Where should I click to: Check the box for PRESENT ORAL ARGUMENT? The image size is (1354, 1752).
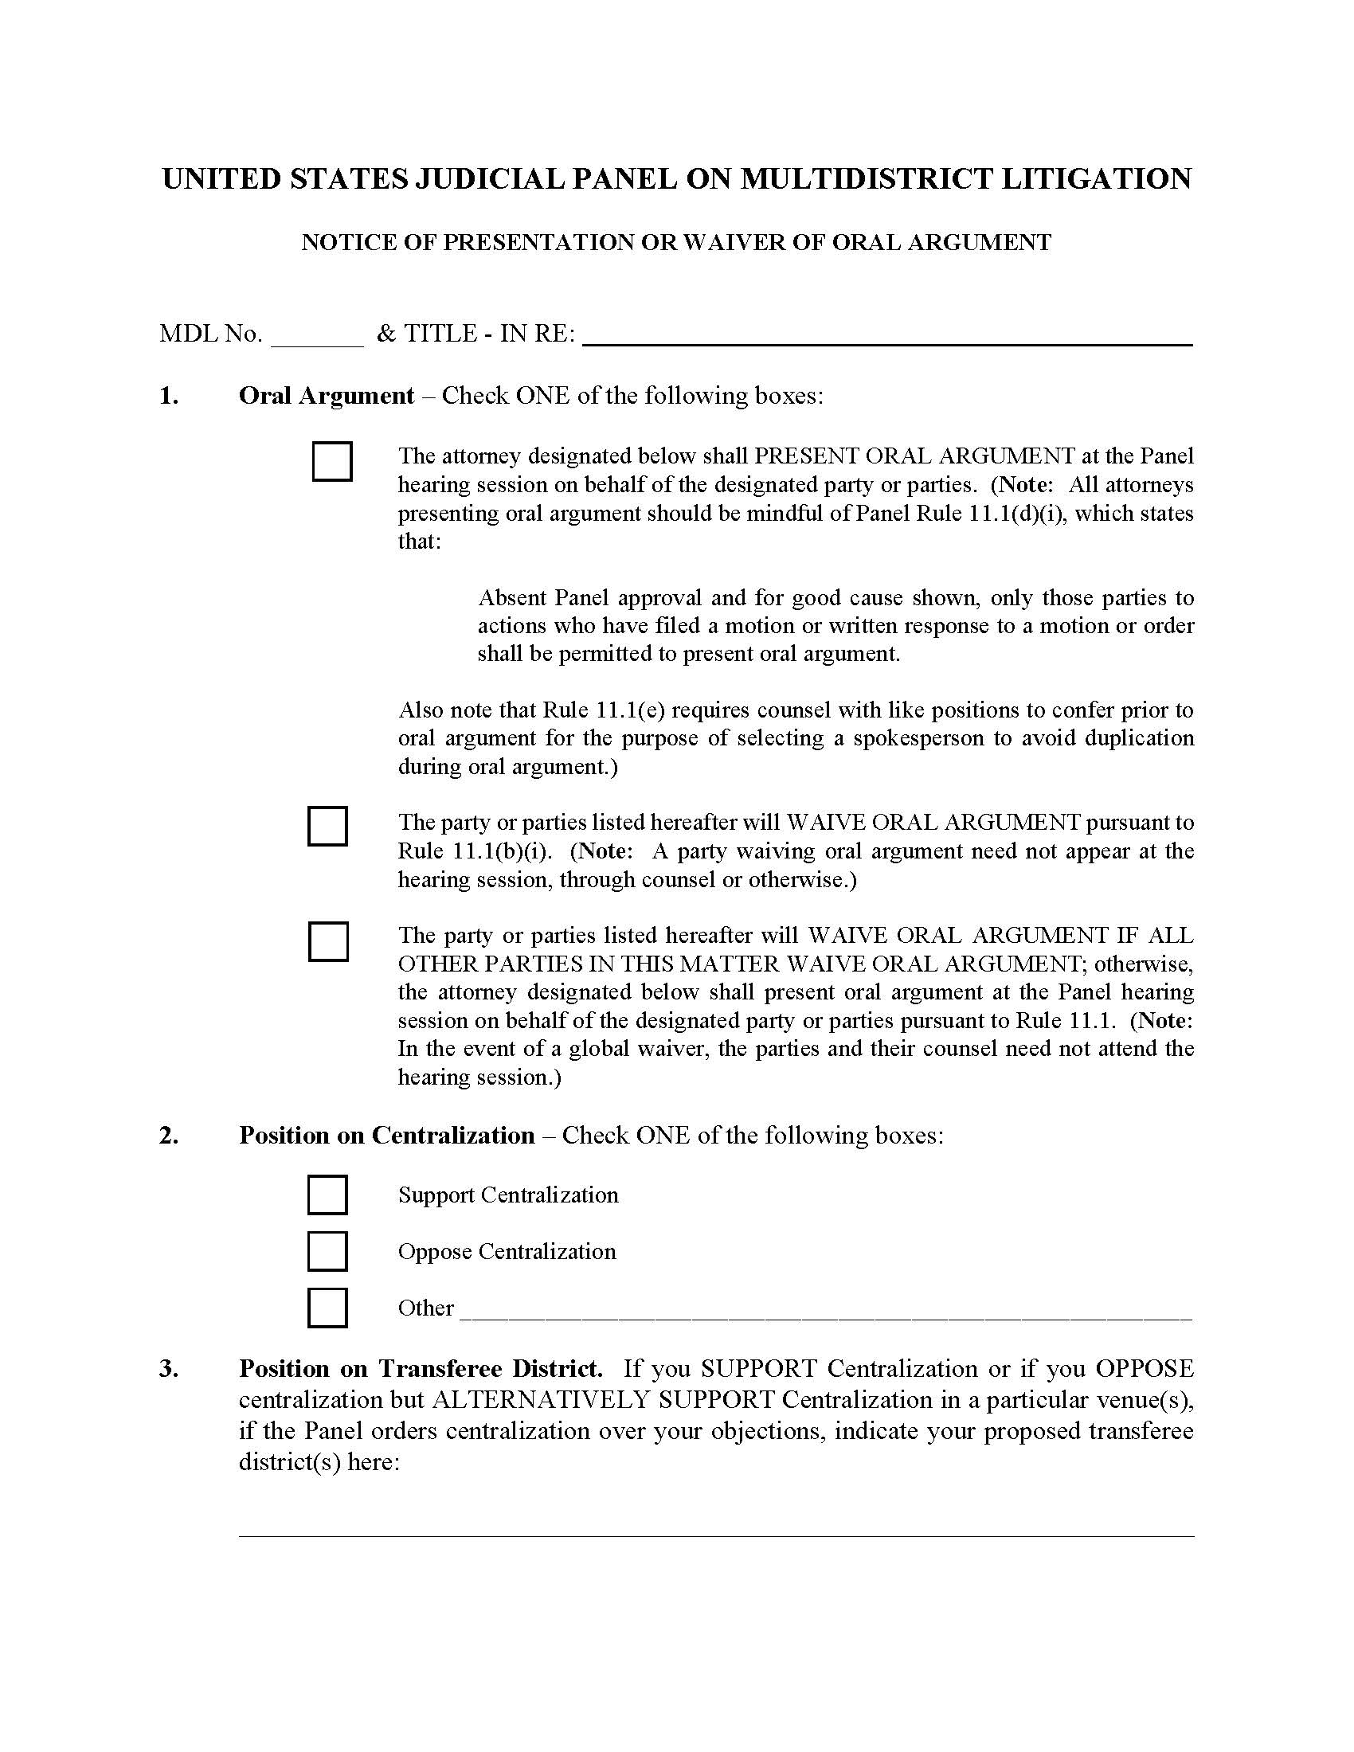tap(331, 461)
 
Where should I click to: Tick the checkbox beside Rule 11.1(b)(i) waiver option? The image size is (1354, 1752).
tap(327, 827)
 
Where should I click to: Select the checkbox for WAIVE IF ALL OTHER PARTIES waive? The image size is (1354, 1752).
tap(327, 941)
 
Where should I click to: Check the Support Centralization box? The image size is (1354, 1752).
tap(327, 1195)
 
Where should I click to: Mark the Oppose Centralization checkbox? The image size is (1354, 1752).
tap(327, 1251)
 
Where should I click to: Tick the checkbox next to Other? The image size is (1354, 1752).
tap(327, 1308)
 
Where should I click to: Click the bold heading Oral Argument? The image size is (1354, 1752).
tap(326, 396)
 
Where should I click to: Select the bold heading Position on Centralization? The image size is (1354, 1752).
tap(386, 1135)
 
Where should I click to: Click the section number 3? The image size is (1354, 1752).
tap(168, 1367)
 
